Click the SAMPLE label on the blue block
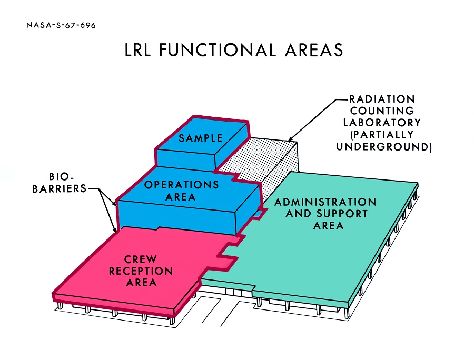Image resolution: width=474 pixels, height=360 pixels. pos(200,138)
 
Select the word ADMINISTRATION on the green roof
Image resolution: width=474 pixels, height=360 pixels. pos(325,202)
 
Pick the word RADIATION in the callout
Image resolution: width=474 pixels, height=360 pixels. pos(382,98)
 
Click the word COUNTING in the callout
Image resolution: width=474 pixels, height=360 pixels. pos(382,111)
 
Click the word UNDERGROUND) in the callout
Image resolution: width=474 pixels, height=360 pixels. pos(384,147)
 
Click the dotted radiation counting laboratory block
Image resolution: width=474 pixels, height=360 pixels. pos(263,158)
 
